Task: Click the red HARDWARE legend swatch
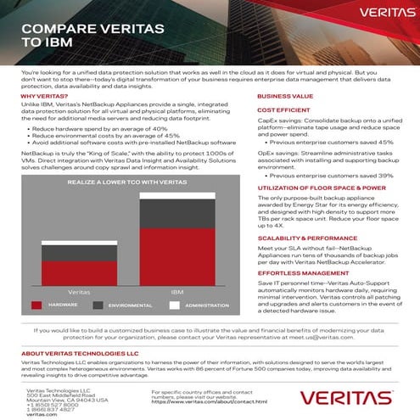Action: pos(36,303)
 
